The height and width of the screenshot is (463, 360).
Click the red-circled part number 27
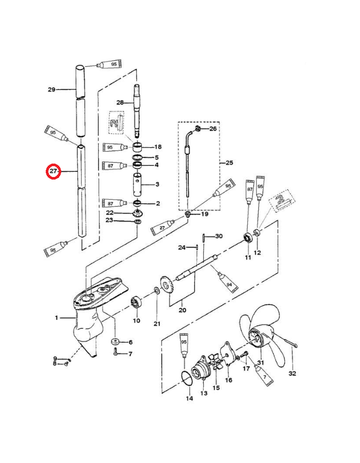53,171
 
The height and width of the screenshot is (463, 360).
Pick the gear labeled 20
166,284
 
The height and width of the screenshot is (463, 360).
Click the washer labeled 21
156,291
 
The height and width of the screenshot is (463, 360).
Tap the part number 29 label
51,89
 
